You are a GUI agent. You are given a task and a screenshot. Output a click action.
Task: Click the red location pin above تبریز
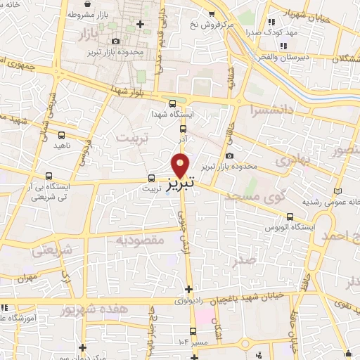[181, 165]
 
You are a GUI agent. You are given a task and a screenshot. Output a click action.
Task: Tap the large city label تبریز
[181, 184]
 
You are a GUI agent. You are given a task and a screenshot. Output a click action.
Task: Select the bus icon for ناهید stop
[62, 134]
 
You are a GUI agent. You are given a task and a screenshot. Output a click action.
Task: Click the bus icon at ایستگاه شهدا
[183, 128]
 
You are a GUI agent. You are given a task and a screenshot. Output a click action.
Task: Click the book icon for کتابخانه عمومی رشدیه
[338, 191]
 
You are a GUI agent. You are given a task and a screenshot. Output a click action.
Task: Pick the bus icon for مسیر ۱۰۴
[193, 331]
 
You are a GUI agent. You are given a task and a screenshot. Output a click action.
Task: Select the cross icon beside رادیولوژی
[188, 289]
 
